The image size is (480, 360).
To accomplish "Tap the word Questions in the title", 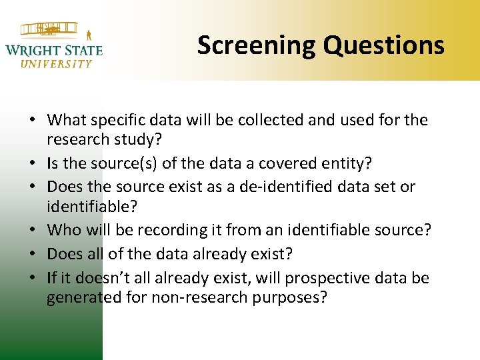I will point(384,45).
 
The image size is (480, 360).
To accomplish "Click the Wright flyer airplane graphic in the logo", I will point(50,30).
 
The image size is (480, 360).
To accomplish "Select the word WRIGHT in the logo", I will point(33,50).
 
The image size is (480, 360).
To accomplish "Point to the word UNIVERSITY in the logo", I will point(56,64).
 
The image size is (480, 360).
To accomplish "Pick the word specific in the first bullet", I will point(120,120).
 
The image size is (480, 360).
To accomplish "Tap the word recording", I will point(163,230).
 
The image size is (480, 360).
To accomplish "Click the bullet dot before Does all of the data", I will point(33,255).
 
